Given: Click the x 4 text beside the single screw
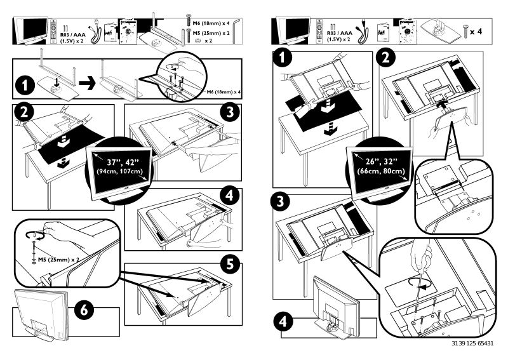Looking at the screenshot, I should click(x=482, y=30).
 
